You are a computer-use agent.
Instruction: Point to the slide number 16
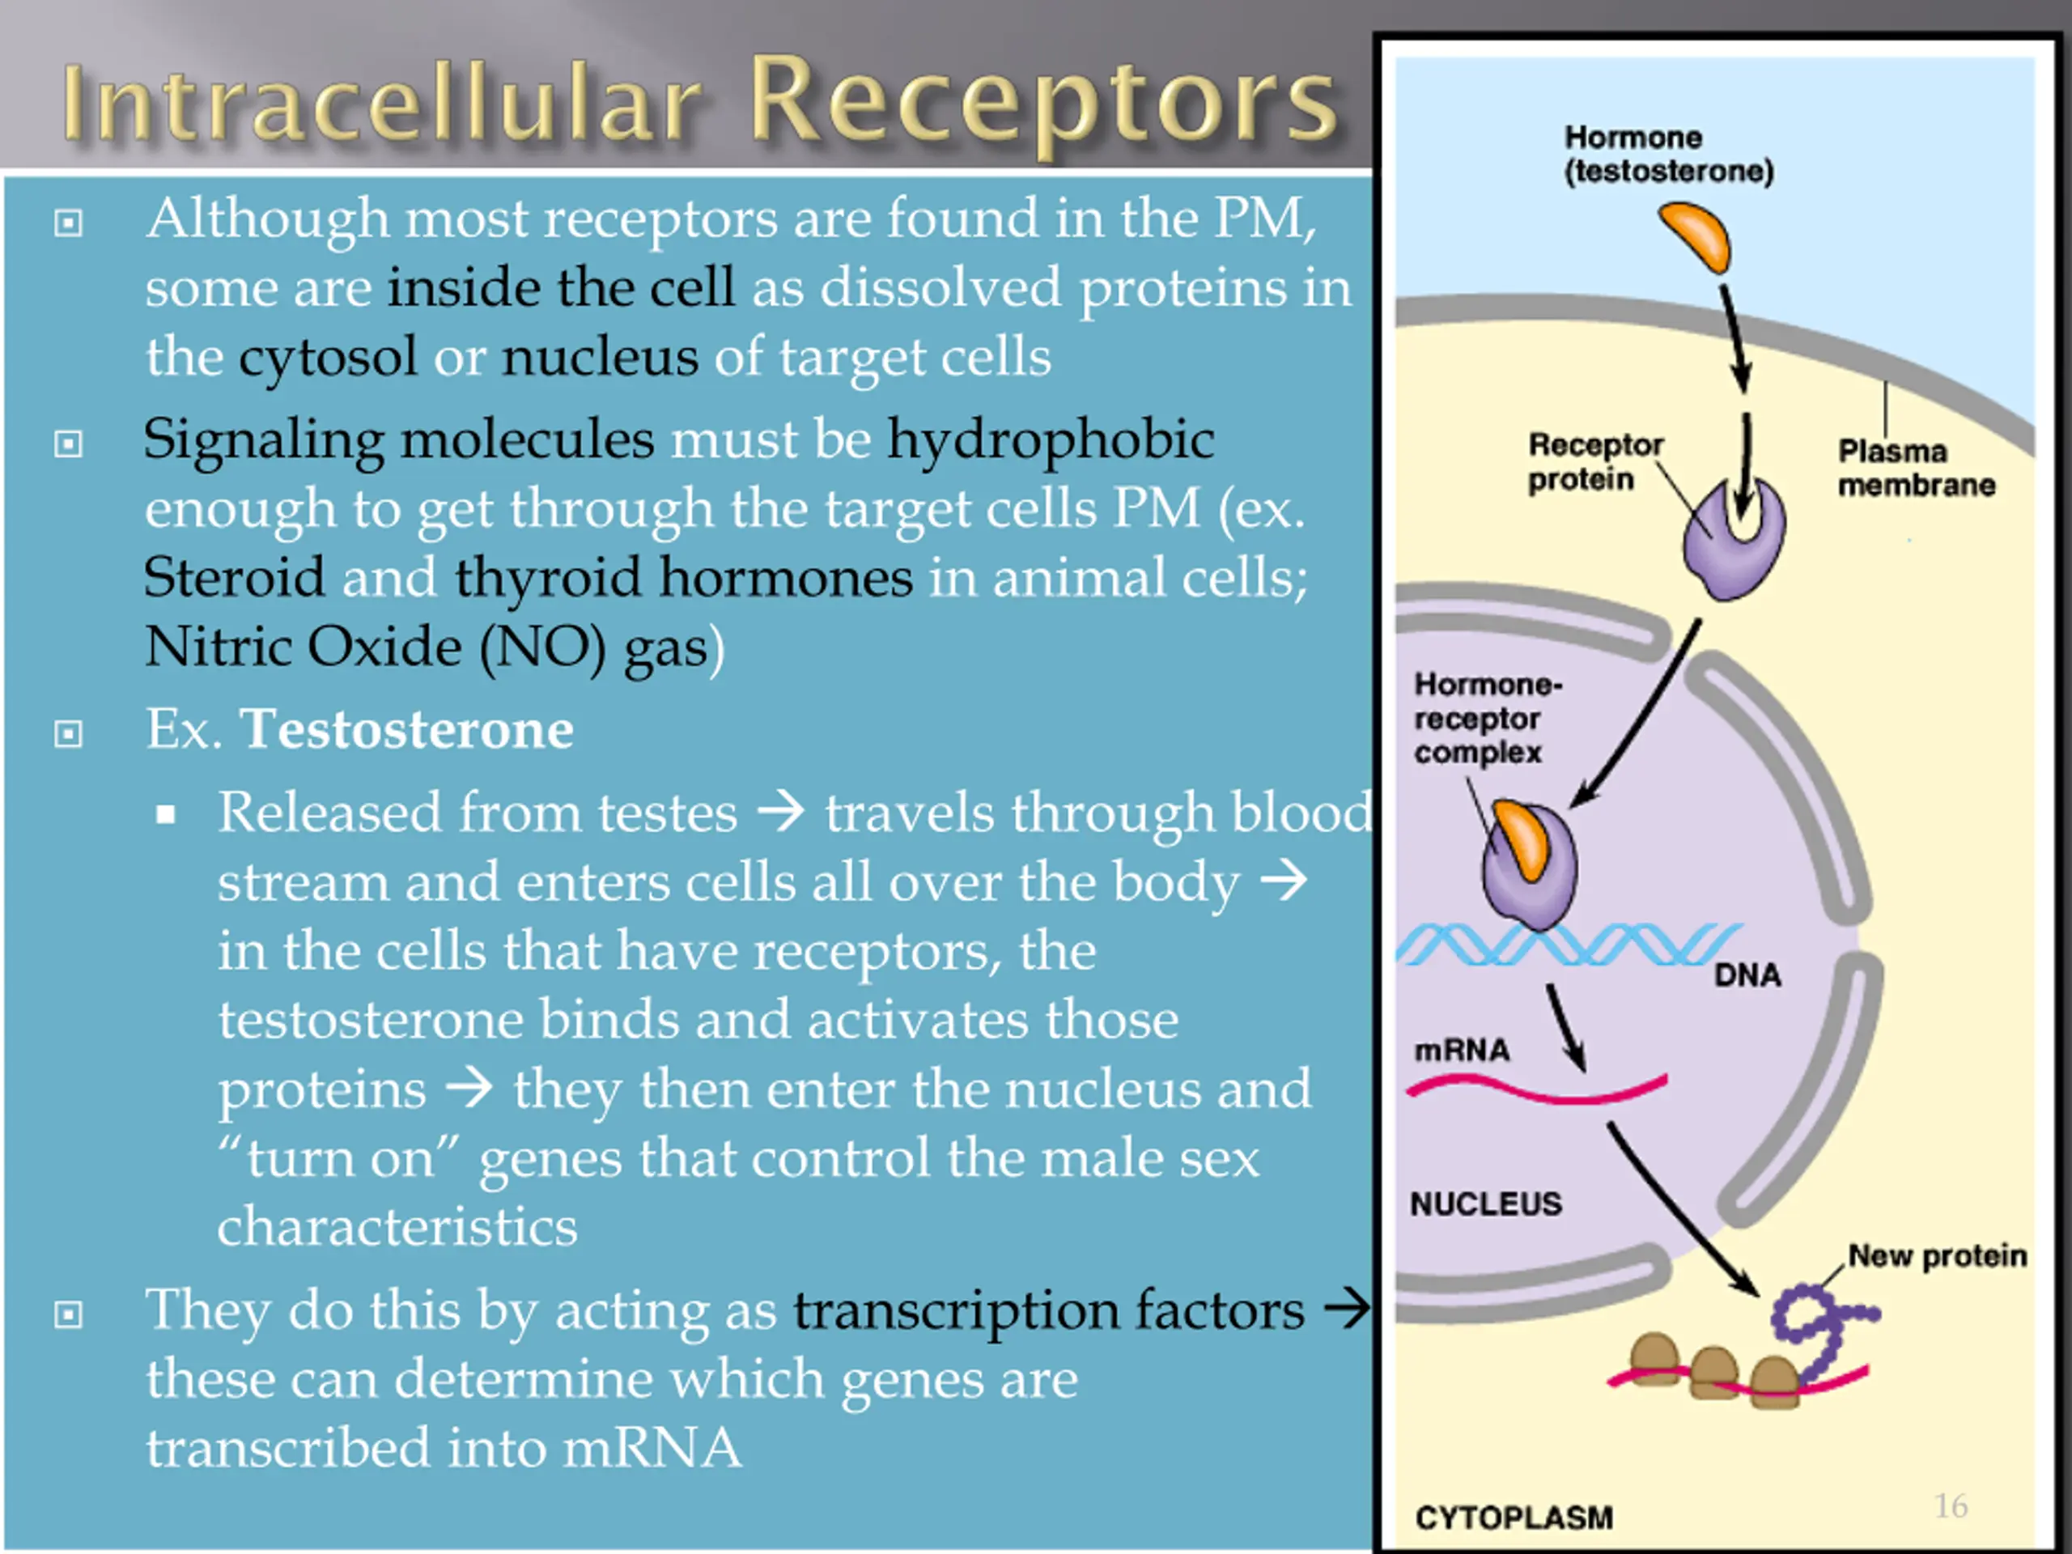(x=1951, y=1505)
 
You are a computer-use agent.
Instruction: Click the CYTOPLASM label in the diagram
(x=1514, y=1518)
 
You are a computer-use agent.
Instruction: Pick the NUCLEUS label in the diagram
(x=1486, y=1204)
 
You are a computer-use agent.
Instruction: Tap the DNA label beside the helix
(x=1747, y=975)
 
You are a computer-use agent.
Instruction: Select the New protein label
(x=1937, y=1255)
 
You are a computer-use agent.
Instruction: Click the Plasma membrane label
(x=1916, y=468)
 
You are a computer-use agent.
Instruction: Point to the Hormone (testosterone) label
(x=1669, y=154)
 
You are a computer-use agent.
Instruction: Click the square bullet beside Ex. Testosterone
(x=68, y=733)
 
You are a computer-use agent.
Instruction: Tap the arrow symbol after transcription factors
(x=1347, y=1309)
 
